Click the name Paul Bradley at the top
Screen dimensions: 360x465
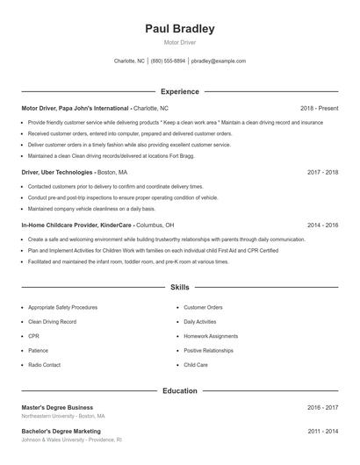click(179, 29)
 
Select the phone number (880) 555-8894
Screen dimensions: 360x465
click(168, 61)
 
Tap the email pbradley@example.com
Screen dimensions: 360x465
click(219, 61)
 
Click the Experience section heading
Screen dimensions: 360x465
click(180, 91)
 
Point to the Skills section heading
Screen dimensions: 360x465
click(180, 287)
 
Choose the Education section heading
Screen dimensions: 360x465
click(180, 390)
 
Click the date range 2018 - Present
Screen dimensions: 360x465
click(319, 108)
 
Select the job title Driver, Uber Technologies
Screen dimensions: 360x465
click(56, 173)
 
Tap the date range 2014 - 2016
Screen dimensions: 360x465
click(322, 225)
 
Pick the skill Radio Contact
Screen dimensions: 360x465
click(44, 364)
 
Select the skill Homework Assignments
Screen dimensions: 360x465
click(211, 336)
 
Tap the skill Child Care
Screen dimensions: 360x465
click(196, 364)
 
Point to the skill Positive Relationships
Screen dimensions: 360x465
click(209, 350)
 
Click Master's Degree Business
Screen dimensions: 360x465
click(57, 407)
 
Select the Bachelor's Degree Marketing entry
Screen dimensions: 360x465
click(61, 431)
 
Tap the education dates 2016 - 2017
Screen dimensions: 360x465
click(322, 407)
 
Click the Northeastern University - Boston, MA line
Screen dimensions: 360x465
click(63, 416)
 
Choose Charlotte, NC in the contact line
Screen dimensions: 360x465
click(129, 61)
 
